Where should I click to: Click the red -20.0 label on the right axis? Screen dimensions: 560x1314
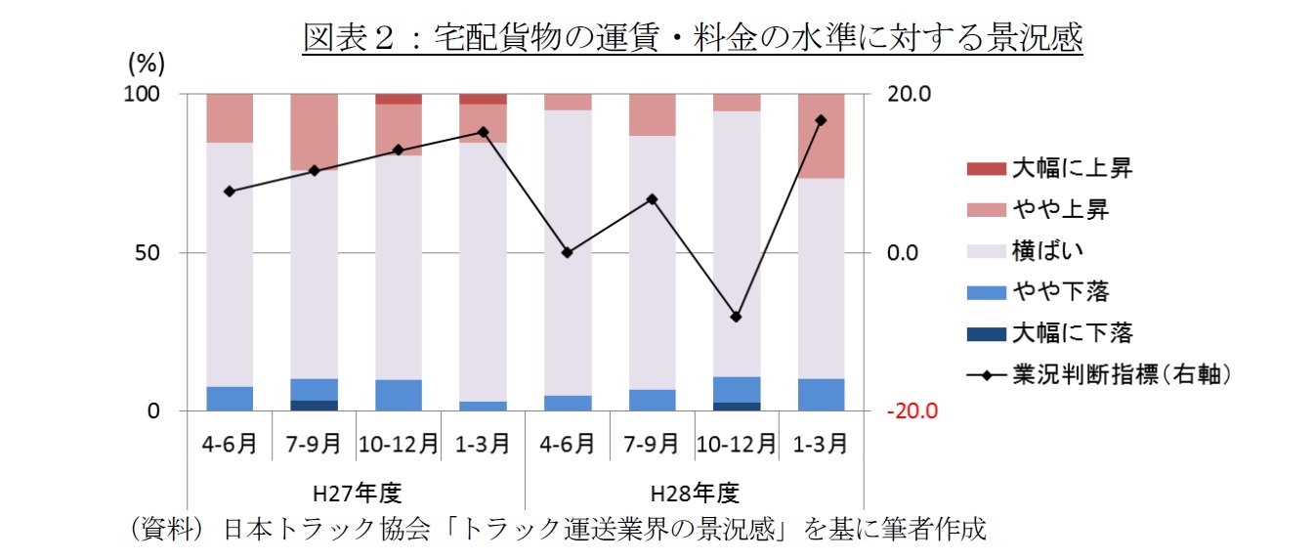911,411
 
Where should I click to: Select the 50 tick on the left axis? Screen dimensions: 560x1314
147,253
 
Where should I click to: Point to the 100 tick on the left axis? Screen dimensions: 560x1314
141,95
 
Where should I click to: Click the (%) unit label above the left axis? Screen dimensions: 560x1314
147,65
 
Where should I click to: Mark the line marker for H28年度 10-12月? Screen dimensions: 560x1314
736,317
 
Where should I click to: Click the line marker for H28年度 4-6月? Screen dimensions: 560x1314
567,252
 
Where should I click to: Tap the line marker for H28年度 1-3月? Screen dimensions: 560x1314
821,120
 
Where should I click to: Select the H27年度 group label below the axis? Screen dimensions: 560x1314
357,491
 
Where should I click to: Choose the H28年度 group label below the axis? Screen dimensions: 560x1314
694,491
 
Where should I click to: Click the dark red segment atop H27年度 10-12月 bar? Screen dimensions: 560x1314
399,99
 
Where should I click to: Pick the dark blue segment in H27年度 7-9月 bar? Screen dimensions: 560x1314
314,406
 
